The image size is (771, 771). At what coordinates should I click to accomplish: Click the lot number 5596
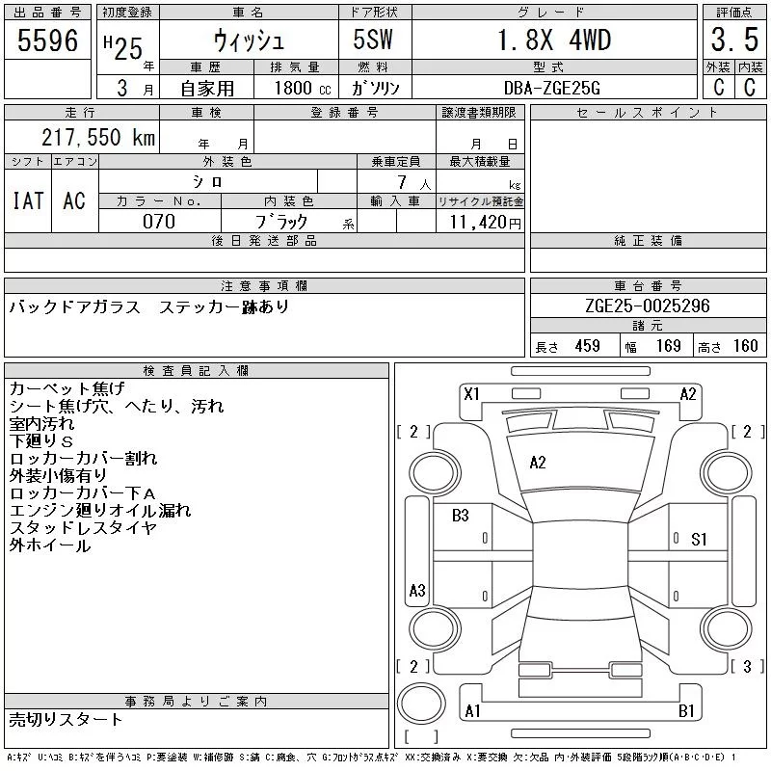(47, 40)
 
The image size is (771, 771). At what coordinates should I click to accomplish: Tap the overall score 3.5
(734, 40)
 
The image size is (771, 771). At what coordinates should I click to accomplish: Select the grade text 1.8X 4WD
(554, 40)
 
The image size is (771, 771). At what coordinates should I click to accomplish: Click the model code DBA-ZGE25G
(551, 88)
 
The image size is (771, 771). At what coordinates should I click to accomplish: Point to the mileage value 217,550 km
(98, 137)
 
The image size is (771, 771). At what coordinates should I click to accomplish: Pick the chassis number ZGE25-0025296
(648, 306)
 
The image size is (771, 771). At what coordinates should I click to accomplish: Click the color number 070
(159, 222)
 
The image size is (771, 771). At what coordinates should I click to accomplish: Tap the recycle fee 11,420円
(486, 223)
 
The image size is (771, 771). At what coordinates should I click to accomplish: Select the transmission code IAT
(28, 200)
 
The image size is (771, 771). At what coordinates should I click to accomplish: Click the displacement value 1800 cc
(303, 88)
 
